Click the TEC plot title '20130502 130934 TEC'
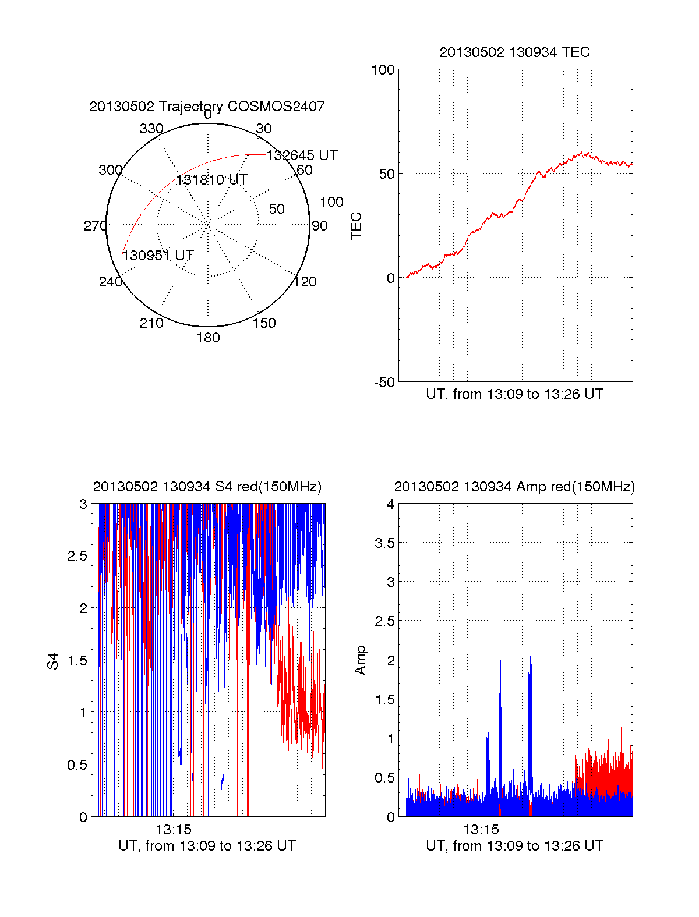pyautogui.click(x=514, y=52)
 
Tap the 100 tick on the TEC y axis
pyautogui.click(x=383, y=70)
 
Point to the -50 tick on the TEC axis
pyautogui.click(x=384, y=383)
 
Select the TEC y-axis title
pyautogui.click(x=356, y=226)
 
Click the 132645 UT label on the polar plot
pyautogui.click(x=302, y=155)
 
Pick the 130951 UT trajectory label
pyautogui.click(x=158, y=256)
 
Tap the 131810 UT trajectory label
pyautogui.click(x=212, y=180)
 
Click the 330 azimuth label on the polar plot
pyautogui.click(x=151, y=129)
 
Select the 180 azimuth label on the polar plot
pyautogui.click(x=208, y=338)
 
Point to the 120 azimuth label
pyautogui.click(x=305, y=282)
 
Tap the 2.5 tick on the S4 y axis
pyautogui.click(x=77, y=556)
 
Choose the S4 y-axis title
pyautogui.click(x=53, y=661)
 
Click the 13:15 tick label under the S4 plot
pyautogui.click(x=174, y=830)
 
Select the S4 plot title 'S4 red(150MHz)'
pyautogui.click(x=207, y=487)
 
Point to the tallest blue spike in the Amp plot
pyautogui.click(x=530, y=655)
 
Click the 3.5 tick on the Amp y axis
pyautogui.click(x=384, y=543)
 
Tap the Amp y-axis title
pyautogui.click(x=361, y=660)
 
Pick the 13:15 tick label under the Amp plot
pyautogui.click(x=481, y=830)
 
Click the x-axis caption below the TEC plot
pyautogui.click(x=514, y=394)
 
